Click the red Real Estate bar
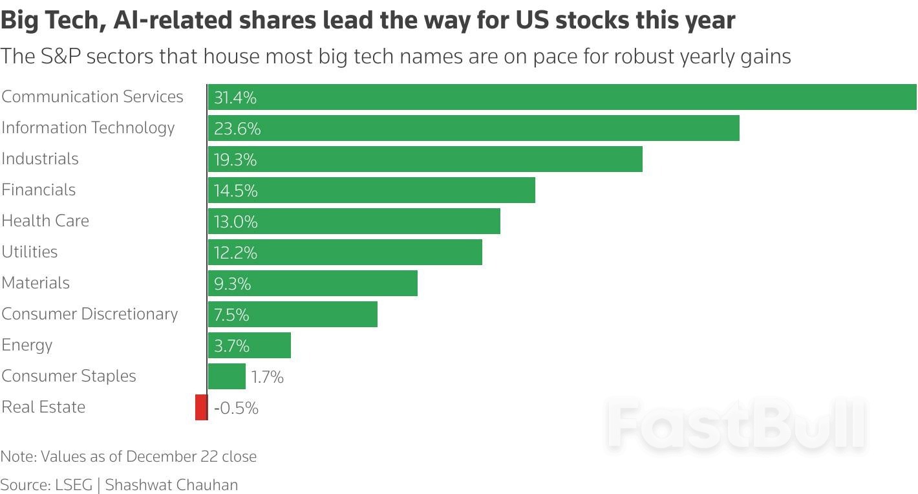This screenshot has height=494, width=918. [x=201, y=407]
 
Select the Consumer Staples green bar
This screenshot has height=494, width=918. [x=227, y=376]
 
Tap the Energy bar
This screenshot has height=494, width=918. [x=250, y=345]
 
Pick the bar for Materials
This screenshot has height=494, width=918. [x=313, y=283]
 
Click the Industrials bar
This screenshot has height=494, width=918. [x=425, y=159]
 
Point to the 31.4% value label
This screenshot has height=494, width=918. [x=235, y=98]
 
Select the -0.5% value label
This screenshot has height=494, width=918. [x=236, y=408]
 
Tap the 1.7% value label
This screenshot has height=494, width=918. [x=268, y=377]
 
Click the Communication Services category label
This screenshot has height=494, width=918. [x=92, y=97]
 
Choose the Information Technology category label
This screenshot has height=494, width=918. [x=88, y=128]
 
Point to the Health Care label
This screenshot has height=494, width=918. [x=45, y=221]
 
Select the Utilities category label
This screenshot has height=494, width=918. [x=30, y=252]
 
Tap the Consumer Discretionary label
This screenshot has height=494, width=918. [x=90, y=314]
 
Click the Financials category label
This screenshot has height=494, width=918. [x=39, y=190]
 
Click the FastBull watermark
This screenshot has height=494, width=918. [x=735, y=425]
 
